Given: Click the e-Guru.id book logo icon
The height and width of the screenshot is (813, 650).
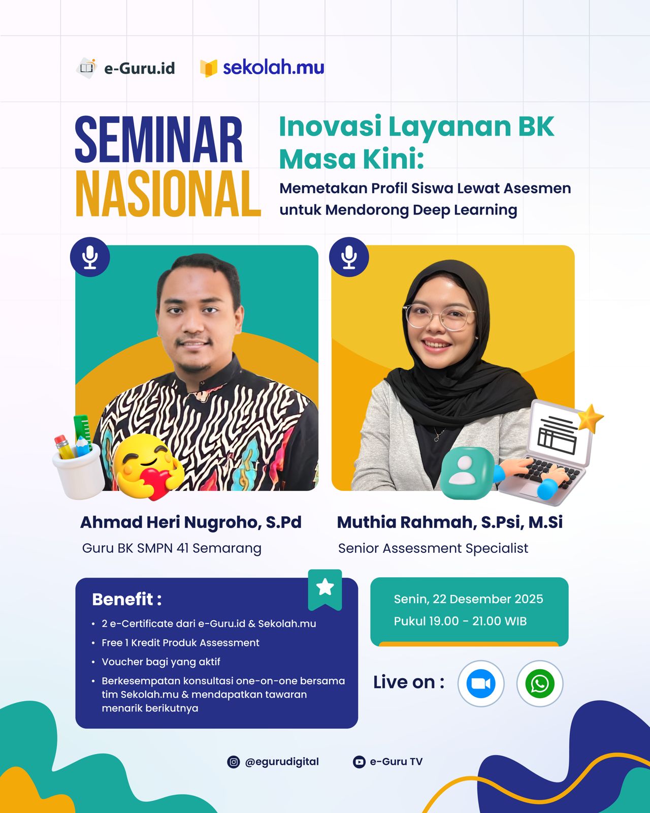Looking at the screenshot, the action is [87, 68].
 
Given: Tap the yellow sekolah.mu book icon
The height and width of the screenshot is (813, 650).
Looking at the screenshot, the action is [209, 69].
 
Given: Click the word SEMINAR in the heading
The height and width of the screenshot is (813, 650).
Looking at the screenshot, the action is [158, 139].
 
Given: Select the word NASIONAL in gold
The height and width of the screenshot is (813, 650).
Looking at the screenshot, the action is [168, 194].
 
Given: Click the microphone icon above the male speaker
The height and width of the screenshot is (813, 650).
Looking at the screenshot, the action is [90, 257].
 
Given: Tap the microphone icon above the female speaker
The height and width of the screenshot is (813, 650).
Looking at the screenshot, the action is [349, 257].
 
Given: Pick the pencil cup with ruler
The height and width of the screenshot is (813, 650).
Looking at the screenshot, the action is [77, 457].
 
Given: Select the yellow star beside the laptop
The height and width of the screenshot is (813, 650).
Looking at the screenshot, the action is [590, 418].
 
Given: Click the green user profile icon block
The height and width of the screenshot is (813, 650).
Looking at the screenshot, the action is [467, 473].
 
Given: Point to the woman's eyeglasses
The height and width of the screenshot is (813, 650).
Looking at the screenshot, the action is [440, 316].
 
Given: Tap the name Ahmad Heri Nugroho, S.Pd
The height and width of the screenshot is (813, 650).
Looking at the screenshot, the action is [191, 522].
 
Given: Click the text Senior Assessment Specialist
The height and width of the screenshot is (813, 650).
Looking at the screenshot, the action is [433, 548].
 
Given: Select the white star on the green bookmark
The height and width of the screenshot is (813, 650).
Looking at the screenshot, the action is [325, 587].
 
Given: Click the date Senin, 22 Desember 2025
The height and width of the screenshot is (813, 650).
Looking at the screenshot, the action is [468, 599].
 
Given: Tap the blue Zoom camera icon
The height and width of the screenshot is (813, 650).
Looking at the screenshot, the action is [481, 684].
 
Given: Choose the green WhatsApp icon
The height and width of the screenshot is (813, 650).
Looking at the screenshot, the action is [540, 684].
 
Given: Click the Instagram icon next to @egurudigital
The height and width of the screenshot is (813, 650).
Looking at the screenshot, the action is [234, 762].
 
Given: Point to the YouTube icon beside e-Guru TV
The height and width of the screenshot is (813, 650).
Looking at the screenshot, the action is [359, 762].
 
